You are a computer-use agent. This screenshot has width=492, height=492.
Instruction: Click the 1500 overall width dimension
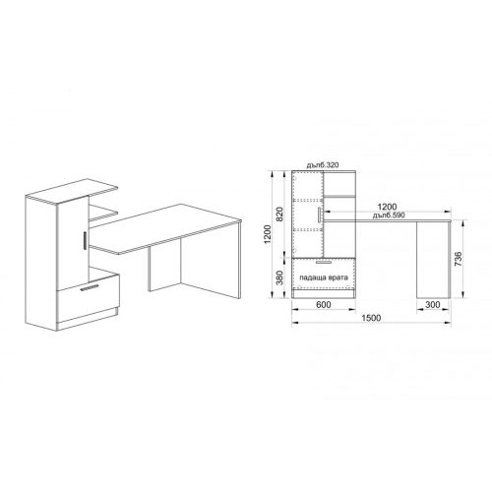pyautogui.click(x=371, y=318)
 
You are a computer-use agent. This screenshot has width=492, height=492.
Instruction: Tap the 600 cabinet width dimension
pyautogui.click(x=324, y=305)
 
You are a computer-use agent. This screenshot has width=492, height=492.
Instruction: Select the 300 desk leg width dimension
pyautogui.click(x=433, y=305)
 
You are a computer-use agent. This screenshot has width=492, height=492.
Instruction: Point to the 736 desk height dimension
pyautogui.click(x=459, y=259)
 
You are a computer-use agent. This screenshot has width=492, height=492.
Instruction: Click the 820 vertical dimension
pyautogui.click(x=279, y=215)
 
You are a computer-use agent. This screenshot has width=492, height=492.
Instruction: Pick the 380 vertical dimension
pyautogui.click(x=279, y=277)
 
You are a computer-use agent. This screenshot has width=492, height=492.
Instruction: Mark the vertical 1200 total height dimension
pyautogui.click(x=268, y=234)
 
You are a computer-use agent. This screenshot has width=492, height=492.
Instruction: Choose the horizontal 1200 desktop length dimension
pyautogui.click(x=387, y=207)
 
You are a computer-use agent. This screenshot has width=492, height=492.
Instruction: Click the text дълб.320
pyautogui.click(x=323, y=165)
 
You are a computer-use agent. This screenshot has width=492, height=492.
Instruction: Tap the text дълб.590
pyautogui.click(x=389, y=215)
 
